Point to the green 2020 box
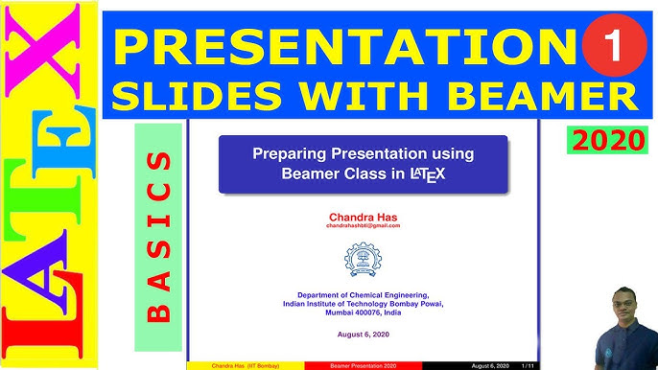pyautogui.click(x=607, y=140)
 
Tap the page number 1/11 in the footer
pyautogui.click(x=526, y=366)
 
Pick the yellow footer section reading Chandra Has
pyautogui.click(x=246, y=366)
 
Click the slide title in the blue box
pyautogui.click(x=363, y=164)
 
